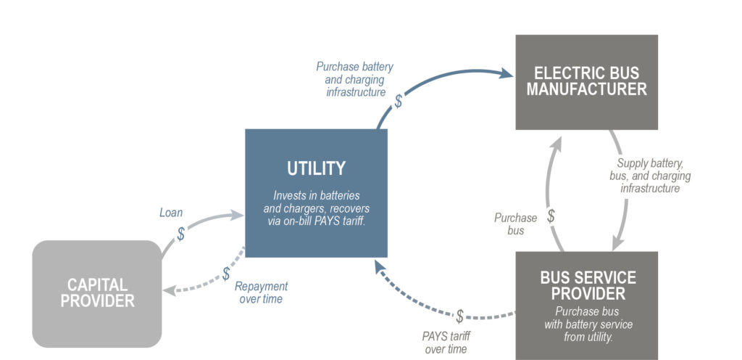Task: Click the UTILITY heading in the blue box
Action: [x=316, y=168]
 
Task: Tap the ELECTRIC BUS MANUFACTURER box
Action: [x=586, y=81]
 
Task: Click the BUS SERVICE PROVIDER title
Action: [x=588, y=285]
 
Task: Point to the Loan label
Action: [x=171, y=213]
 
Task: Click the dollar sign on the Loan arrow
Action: [x=181, y=234]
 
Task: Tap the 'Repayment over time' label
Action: [x=261, y=292]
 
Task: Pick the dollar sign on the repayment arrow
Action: [x=226, y=274]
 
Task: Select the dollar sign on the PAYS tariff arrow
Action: [x=459, y=316]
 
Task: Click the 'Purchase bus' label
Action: [x=515, y=224]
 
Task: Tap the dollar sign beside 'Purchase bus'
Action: [x=551, y=216]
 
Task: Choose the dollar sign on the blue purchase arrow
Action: [x=398, y=101]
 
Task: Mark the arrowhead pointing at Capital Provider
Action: [x=168, y=291]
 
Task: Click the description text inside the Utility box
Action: [x=316, y=208]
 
